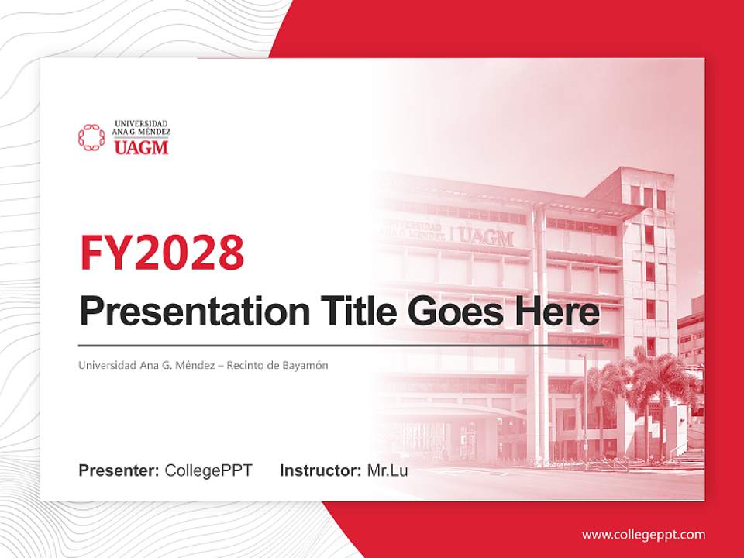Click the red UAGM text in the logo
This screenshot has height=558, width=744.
click(140, 147)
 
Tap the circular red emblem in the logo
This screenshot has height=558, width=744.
click(91, 137)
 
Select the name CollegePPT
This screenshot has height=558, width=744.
click(208, 470)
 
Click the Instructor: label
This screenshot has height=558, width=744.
click(320, 470)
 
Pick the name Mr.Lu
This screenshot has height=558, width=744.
click(387, 470)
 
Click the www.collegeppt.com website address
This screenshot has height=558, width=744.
click(643, 534)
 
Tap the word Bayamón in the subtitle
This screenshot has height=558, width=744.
click(305, 365)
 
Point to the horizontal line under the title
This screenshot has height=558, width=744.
click(341, 345)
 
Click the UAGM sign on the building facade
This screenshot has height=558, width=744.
click(486, 236)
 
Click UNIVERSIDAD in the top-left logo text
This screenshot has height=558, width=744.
click(141, 123)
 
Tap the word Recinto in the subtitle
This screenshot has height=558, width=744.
click(245, 365)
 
